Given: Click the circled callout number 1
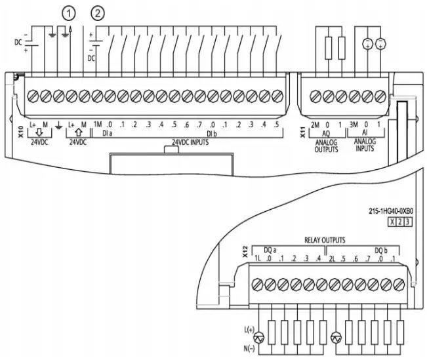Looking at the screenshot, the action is point(69,13).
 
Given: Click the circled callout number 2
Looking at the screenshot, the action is point(98,13).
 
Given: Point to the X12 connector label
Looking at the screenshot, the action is point(245,252).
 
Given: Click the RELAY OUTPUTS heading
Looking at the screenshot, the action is point(325,240).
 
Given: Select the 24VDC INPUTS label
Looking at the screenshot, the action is point(190,142).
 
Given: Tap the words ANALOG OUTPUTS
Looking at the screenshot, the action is point(326,146).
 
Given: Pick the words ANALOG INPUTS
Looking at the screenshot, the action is point(365,145).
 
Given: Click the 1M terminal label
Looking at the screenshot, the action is point(98,125).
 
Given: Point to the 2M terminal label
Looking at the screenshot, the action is point(315,125).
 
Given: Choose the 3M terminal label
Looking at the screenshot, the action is point(354,125).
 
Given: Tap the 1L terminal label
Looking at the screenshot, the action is point(257,258).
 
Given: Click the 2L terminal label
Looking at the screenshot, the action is point(332,258).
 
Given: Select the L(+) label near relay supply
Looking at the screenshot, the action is point(249,330).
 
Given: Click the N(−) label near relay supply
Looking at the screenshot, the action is point(249,349).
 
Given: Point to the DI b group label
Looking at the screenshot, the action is point(212,134).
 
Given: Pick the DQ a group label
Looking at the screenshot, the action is point(270,250).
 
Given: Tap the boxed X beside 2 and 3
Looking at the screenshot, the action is point(392,222).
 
